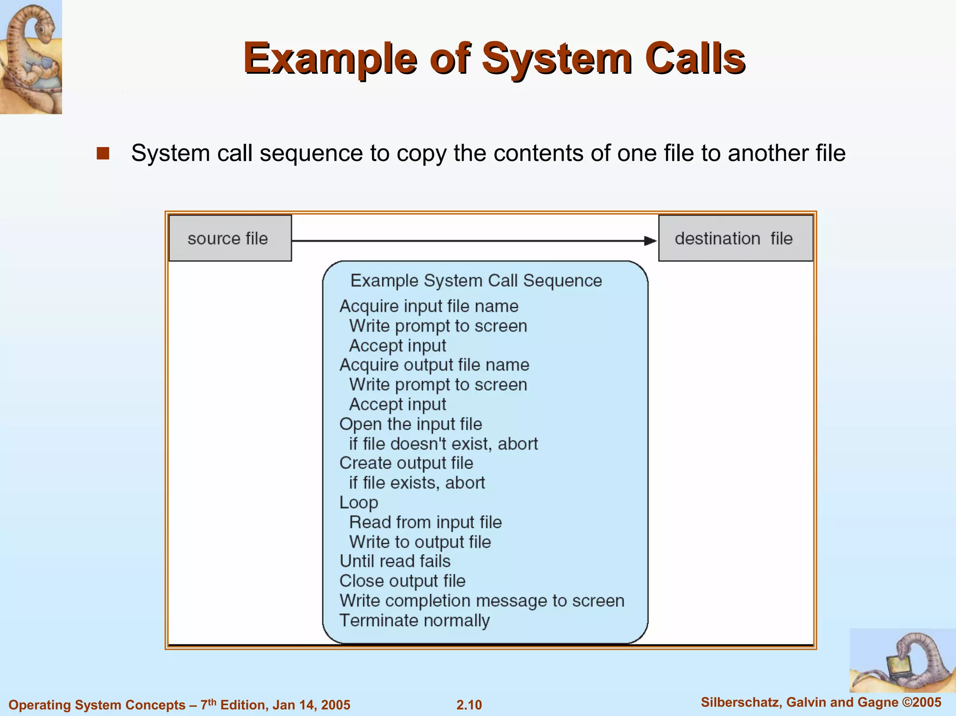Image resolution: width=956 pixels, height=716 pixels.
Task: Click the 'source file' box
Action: (x=230, y=238)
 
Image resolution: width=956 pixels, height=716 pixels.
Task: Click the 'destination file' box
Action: (x=735, y=238)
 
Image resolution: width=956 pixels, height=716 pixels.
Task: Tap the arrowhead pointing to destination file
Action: (x=650, y=241)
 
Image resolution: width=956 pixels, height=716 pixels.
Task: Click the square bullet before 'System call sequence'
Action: (x=103, y=154)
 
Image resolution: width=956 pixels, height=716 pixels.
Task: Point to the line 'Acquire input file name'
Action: (x=429, y=306)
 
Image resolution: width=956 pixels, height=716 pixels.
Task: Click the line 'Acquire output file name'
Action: (x=434, y=365)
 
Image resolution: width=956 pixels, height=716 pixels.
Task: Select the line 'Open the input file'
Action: (x=410, y=424)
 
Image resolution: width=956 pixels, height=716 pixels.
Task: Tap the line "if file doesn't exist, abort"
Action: (x=443, y=443)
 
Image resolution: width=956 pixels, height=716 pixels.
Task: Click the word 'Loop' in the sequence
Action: (x=358, y=503)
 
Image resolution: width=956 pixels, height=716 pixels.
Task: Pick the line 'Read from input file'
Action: (x=425, y=522)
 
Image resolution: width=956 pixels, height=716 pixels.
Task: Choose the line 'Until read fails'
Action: (x=395, y=561)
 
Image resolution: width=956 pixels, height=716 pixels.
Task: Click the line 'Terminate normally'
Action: (x=415, y=620)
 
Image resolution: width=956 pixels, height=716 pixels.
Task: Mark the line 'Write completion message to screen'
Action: (x=482, y=601)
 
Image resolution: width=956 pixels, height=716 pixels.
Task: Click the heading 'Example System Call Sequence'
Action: (x=476, y=281)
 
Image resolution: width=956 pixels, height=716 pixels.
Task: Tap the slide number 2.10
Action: (x=469, y=704)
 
